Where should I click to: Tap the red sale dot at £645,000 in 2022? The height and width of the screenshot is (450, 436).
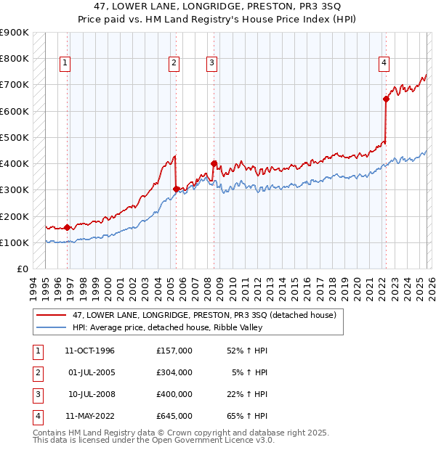click(x=386, y=99)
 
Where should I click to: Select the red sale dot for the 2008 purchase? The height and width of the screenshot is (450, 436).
click(x=214, y=164)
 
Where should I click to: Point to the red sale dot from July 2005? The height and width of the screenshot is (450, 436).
click(x=177, y=189)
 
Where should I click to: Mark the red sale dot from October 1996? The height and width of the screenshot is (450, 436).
click(x=68, y=228)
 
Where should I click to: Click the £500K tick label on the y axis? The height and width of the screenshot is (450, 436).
click(x=15, y=137)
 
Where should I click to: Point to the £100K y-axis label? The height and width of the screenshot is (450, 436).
click(x=15, y=242)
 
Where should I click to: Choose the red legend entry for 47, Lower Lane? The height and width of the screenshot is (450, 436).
click(x=204, y=316)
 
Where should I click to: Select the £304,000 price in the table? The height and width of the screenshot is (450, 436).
click(x=174, y=372)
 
